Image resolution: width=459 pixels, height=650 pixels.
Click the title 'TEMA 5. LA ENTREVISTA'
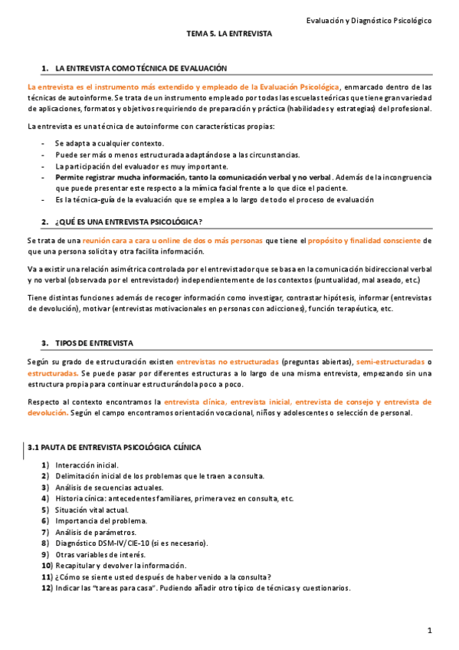click(229, 34)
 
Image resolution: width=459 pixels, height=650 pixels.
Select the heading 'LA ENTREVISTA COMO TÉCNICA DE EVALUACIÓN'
click(141, 69)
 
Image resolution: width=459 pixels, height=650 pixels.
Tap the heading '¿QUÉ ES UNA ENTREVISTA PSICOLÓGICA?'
click(128, 222)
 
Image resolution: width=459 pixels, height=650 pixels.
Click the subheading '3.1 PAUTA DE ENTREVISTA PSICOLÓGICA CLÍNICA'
click(114, 447)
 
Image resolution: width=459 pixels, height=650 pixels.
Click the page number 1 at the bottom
click(431, 630)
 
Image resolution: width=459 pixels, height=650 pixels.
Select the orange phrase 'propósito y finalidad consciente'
click(365, 241)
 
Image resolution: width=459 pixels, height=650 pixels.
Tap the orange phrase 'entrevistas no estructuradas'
click(227, 361)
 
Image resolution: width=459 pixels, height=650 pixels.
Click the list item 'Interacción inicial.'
click(87, 465)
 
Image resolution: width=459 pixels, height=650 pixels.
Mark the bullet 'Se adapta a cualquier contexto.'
click(109, 143)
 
